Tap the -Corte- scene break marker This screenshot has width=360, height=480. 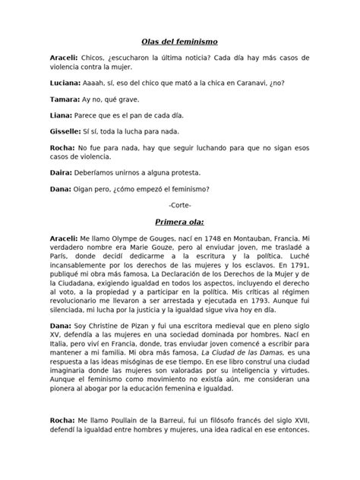pos(180,205)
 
